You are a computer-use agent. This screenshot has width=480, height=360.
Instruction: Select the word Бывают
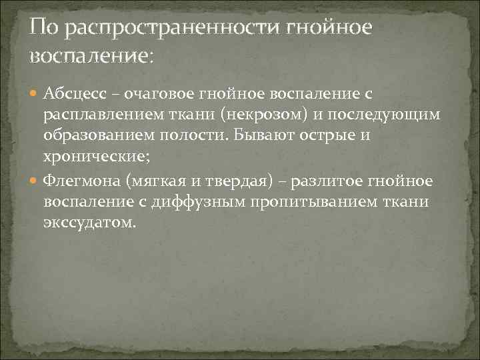click(x=257, y=136)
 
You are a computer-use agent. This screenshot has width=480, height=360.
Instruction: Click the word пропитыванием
click(x=310, y=202)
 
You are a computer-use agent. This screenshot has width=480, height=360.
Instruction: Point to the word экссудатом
click(x=90, y=224)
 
